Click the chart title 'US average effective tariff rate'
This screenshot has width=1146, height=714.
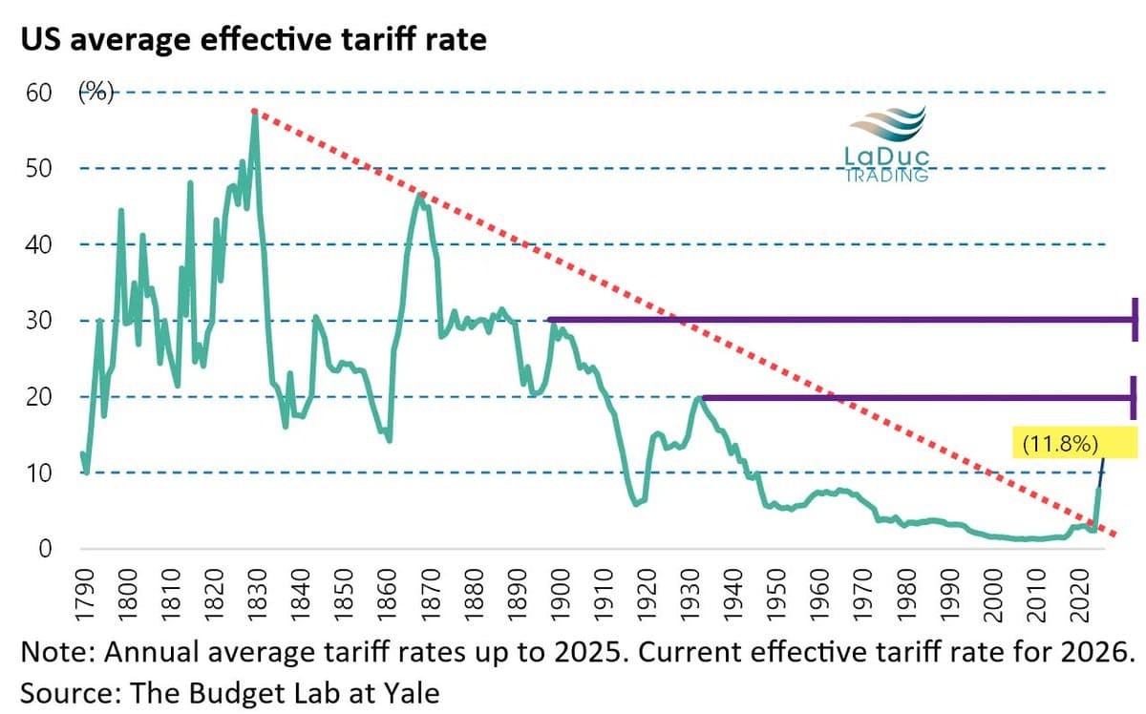click(x=254, y=41)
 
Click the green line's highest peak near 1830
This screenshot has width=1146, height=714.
click(x=255, y=114)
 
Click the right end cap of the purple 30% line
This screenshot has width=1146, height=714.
click(x=1134, y=320)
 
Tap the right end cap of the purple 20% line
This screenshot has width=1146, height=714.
click(x=1134, y=396)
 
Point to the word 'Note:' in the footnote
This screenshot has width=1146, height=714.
click(x=56, y=654)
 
